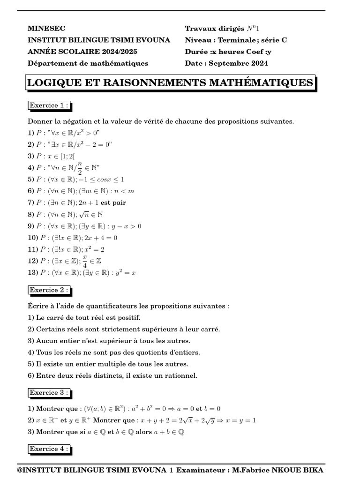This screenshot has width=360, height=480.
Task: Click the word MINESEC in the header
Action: (x=45, y=29)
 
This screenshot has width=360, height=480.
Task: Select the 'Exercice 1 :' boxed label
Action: (x=49, y=105)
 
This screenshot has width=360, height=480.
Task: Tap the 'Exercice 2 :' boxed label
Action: (x=49, y=290)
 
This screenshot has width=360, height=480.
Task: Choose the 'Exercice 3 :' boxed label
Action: (x=49, y=392)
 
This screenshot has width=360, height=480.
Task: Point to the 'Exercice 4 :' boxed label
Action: (x=49, y=449)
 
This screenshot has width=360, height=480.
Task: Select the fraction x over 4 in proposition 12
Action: (x=84, y=261)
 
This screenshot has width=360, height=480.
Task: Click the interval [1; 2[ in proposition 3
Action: (x=66, y=156)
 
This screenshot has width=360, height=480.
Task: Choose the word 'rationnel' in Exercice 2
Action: (x=182, y=375)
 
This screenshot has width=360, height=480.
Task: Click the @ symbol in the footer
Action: (x=20, y=470)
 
